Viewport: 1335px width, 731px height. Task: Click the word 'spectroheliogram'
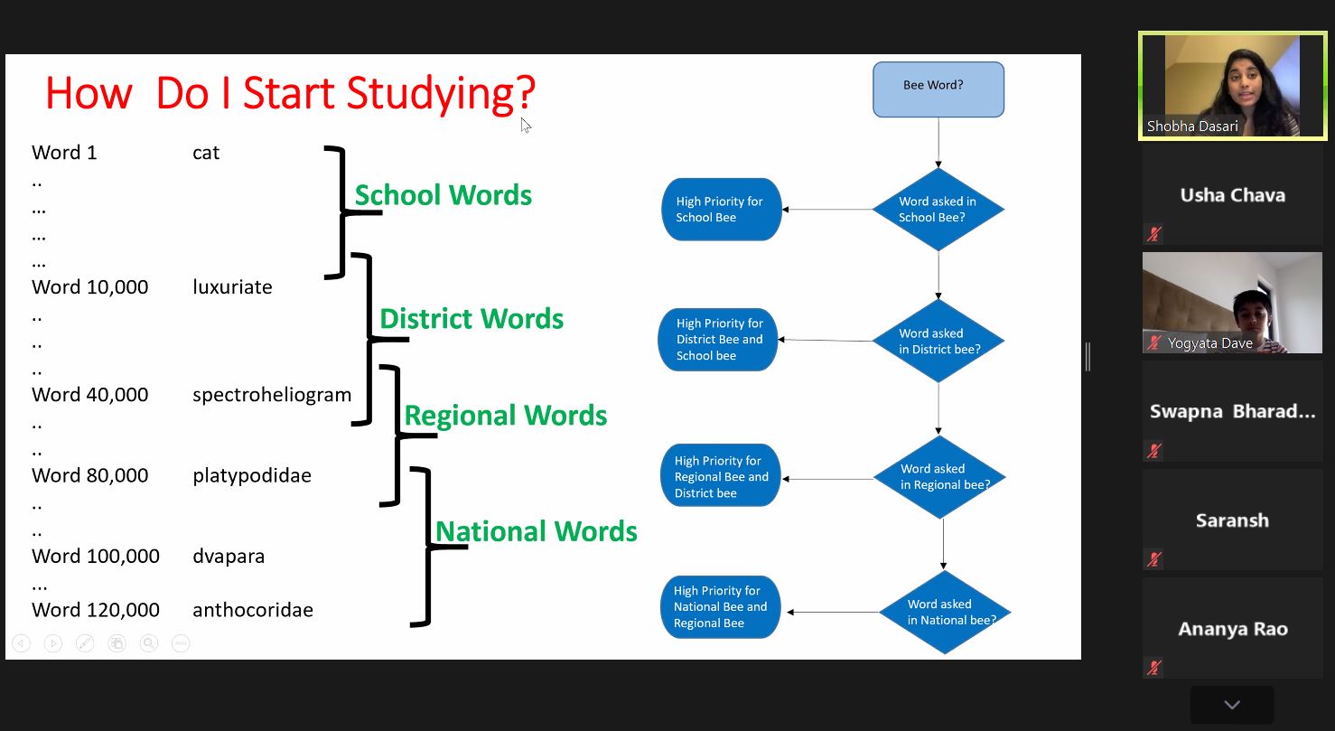click(x=272, y=395)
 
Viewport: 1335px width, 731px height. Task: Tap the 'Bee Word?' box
click(x=938, y=89)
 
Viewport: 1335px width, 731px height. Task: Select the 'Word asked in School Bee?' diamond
click(x=938, y=210)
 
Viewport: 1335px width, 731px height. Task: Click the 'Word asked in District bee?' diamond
click(x=938, y=341)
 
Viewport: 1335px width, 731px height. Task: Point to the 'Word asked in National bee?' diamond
click(x=945, y=612)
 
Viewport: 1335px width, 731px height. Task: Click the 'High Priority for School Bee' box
click(x=721, y=210)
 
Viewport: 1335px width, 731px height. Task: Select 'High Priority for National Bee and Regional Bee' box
click(x=720, y=607)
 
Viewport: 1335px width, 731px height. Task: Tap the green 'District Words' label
click(x=471, y=319)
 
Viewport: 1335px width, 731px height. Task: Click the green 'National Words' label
click(x=537, y=531)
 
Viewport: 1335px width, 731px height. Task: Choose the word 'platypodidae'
click(x=252, y=476)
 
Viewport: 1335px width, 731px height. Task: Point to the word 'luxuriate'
click(x=232, y=287)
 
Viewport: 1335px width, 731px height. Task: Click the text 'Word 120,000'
click(x=96, y=610)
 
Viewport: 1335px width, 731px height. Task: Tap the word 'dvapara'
click(x=229, y=557)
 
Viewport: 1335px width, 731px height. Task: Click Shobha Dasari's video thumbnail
click(x=1232, y=86)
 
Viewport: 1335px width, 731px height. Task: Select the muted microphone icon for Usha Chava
click(x=1154, y=234)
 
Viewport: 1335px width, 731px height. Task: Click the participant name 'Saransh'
click(x=1232, y=520)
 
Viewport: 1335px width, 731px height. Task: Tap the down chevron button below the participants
click(x=1232, y=705)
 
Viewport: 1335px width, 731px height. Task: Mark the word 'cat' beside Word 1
click(x=206, y=153)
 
